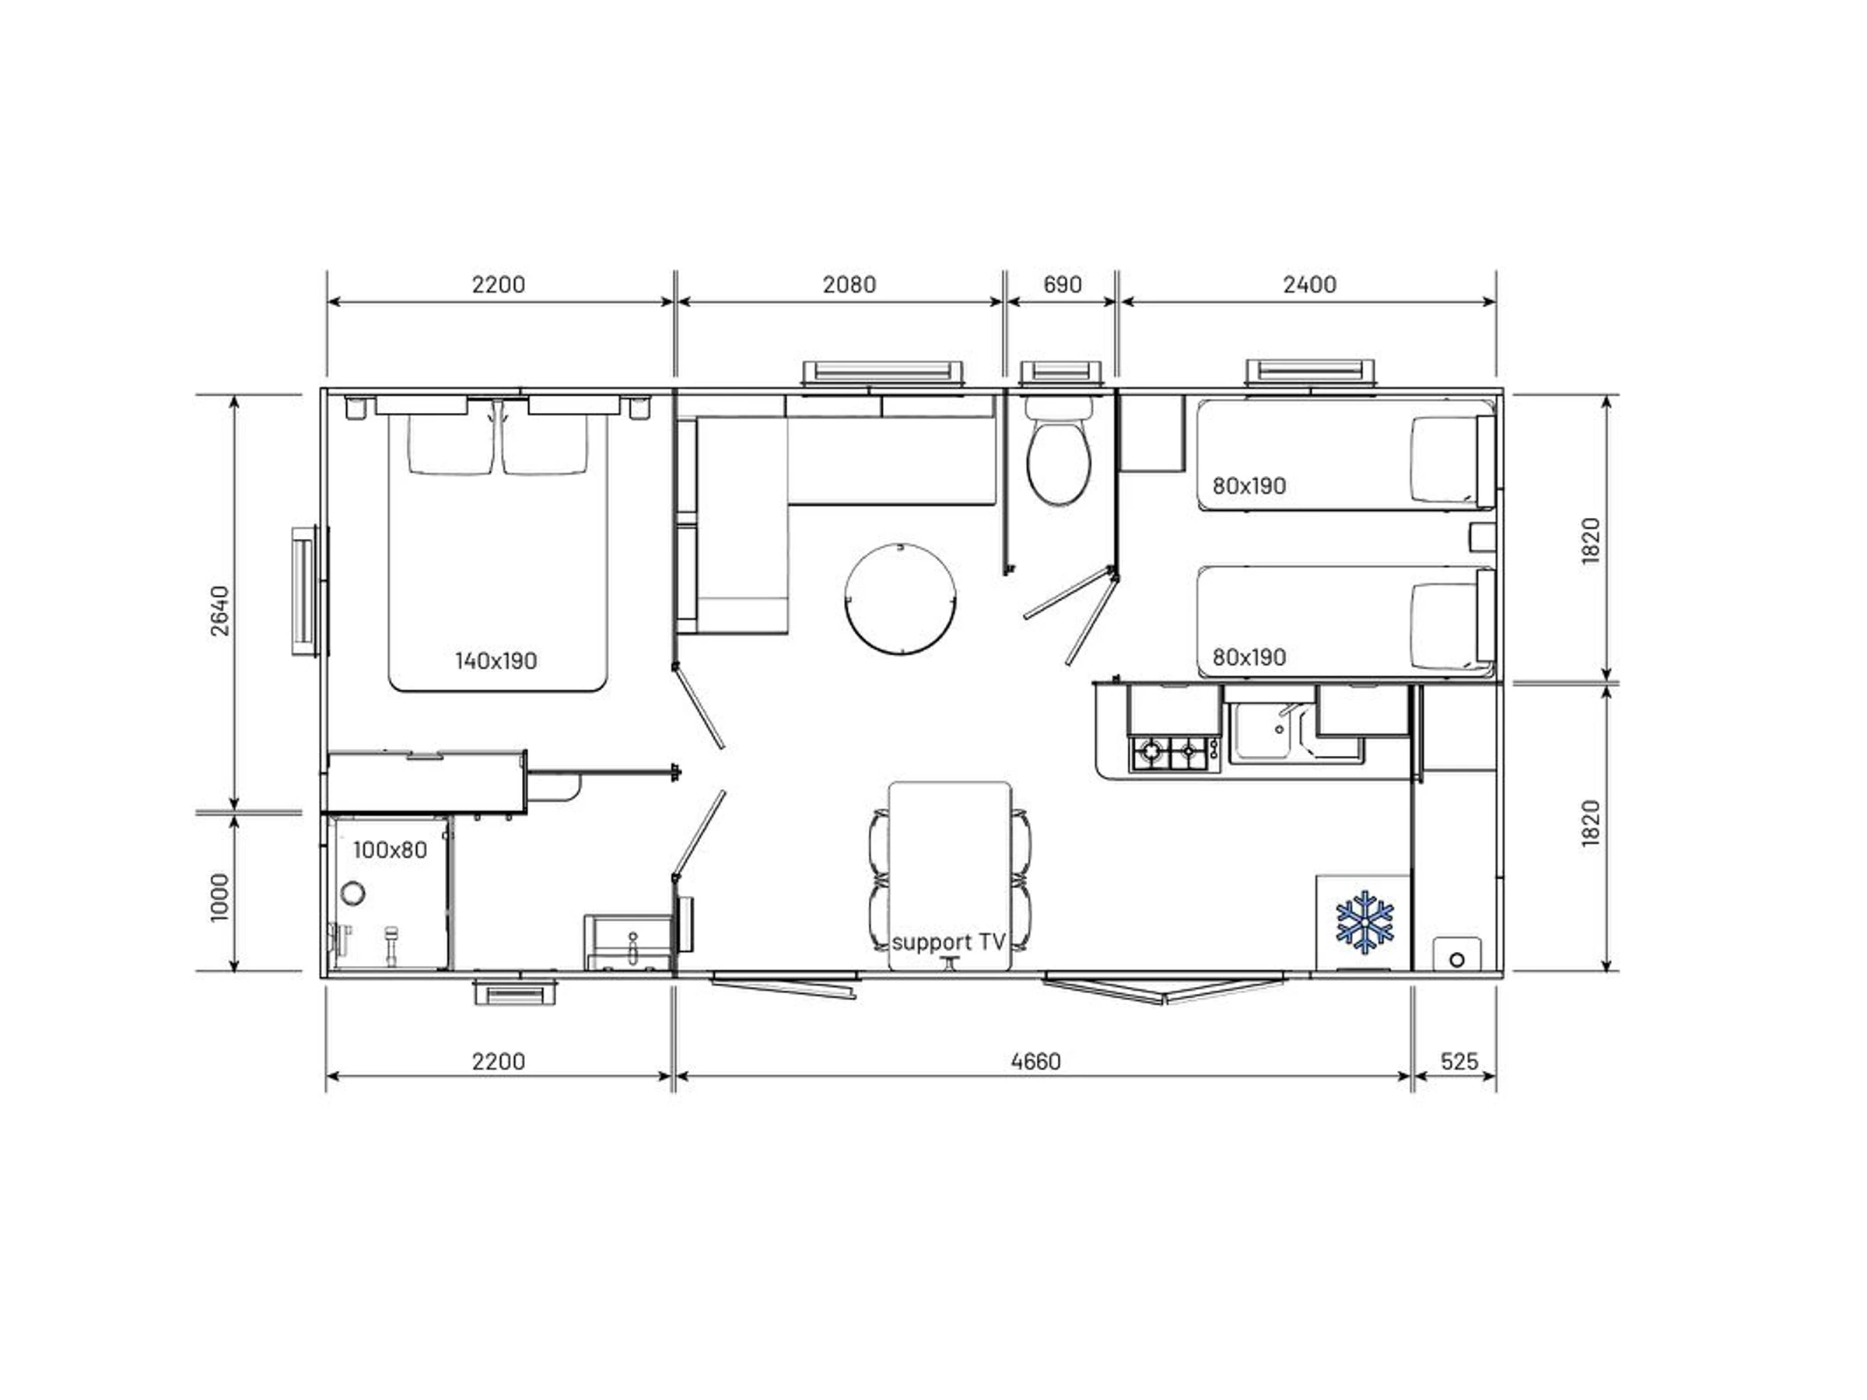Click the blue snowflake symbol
[x=1364, y=922]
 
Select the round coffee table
[x=901, y=599]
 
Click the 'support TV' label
[x=949, y=942]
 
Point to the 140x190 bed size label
[x=496, y=661]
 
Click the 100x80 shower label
[x=390, y=850]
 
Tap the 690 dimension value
[x=1063, y=285]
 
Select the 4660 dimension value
[x=1035, y=1061]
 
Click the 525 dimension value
[x=1459, y=1061]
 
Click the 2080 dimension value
[x=849, y=285]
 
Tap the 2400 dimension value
[x=1310, y=285]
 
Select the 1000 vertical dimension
[x=219, y=898]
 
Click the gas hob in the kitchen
[x=1174, y=752]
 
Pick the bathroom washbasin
[x=629, y=943]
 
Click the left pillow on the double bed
[x=450, y=444]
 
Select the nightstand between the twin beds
[x=1482, y=537]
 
